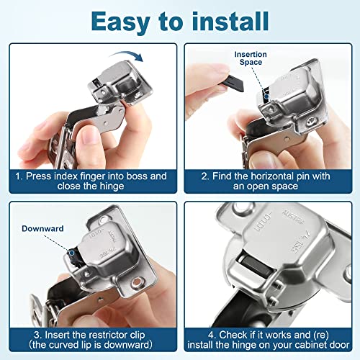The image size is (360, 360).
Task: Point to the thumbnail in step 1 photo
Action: point(89,138)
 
